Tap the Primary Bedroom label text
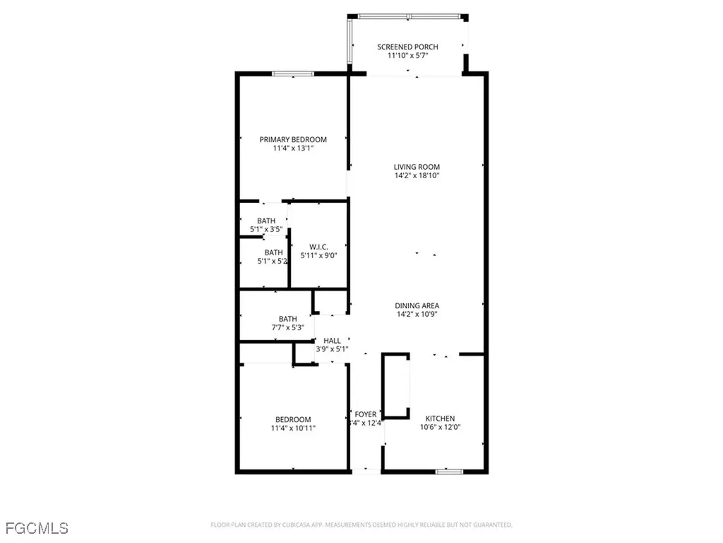pos(293,140)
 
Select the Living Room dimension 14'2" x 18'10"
pos(417,176)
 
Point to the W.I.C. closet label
pos(318,247)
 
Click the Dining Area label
pos(417,305)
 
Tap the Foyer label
pos(366,415)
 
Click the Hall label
pos(332,341)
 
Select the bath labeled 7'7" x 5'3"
pos(287,327)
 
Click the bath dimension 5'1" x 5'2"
pos(273,261)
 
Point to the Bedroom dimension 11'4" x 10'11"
pos(293,428)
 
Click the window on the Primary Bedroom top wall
pos(293,74)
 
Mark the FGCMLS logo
pos(36,527)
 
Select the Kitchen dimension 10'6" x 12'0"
pos(441,427)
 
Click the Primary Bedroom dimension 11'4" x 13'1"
pos(293,148)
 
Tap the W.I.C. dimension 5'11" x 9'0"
pos(318,255)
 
